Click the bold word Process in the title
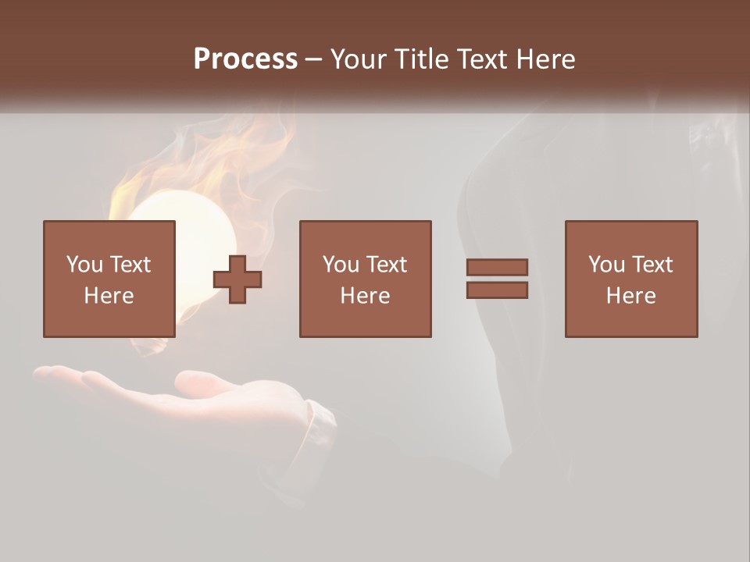coord(245,59)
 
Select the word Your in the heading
coord(359,59)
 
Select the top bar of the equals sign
coord(497,267)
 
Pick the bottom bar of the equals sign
coord(497,290)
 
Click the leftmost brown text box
coord(109,279)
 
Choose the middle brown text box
coord(365,279)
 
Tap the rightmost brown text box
coord(630,279)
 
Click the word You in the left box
coord(84,265)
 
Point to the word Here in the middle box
coord(365,296)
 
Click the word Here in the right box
coord(630,296)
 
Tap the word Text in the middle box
coord(387,265)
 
